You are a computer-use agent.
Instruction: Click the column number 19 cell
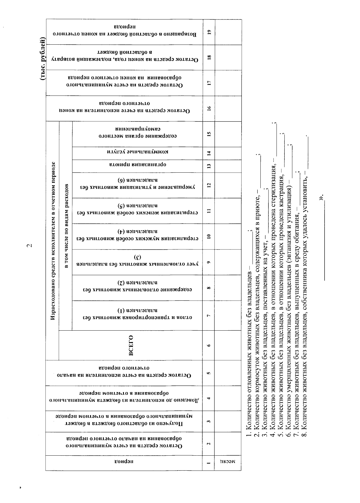click(x=209, y=32)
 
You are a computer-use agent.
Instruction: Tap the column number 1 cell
click(x=209, y=463)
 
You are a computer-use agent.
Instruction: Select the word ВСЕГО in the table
click(x=131, y=345)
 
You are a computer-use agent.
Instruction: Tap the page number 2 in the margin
click(x=29, y=246)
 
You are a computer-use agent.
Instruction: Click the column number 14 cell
click(x=209, y=153)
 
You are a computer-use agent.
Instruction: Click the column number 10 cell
click(x=209, y=236)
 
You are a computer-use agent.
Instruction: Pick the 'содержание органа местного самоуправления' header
click(x=138, y=134)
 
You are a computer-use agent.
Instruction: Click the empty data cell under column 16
click(x=228, y=109)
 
